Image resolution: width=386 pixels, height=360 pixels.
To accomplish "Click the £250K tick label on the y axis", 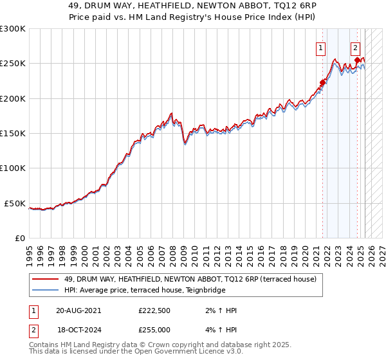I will (13, 64).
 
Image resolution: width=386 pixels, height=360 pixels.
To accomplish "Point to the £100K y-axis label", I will (13, 168).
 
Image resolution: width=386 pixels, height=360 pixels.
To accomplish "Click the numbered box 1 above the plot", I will (320, 47).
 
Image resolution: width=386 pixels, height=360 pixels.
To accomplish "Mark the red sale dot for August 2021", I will (322, 82).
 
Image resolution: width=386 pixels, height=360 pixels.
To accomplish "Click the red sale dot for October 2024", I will (357, 60).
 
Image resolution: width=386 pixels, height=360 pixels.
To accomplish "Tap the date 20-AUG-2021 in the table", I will (78, 310).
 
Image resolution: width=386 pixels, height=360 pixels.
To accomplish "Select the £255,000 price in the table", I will (154, 329).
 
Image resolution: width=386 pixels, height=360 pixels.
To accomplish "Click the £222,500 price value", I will (154, 310).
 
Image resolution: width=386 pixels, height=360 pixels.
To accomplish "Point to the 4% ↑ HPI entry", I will (221, 329).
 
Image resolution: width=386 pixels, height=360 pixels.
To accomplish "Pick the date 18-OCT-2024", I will (78, 329).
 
